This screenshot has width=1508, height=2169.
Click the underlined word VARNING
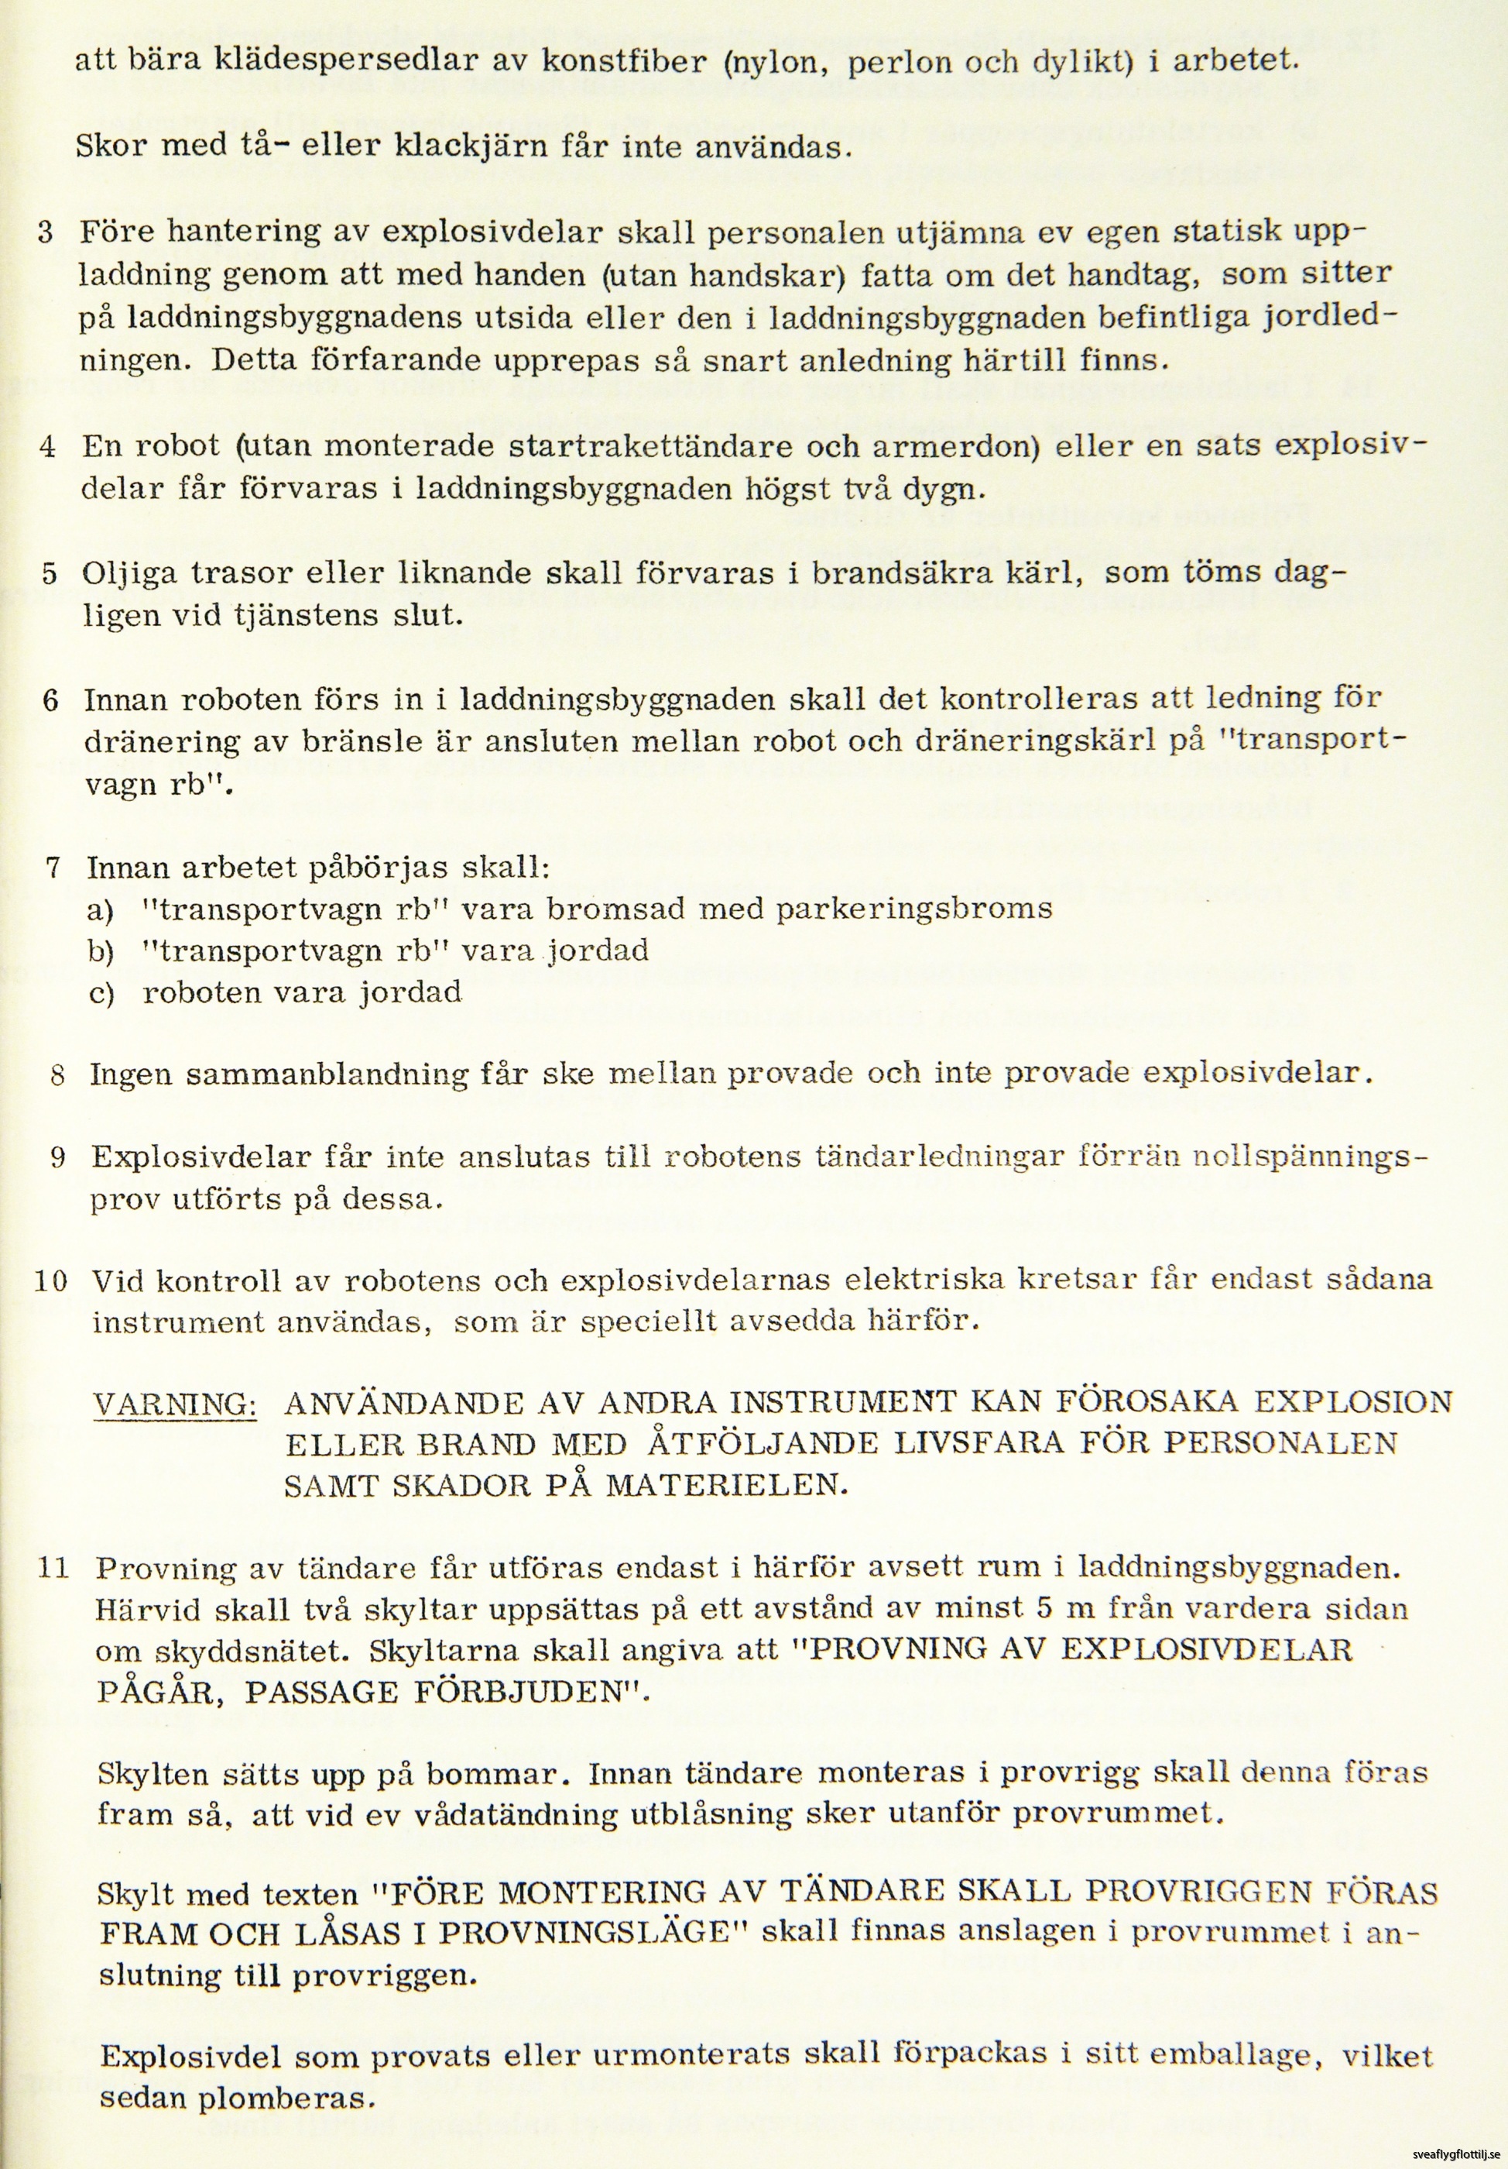coord(176,1404)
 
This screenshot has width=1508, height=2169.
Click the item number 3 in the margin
coord(46,232)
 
